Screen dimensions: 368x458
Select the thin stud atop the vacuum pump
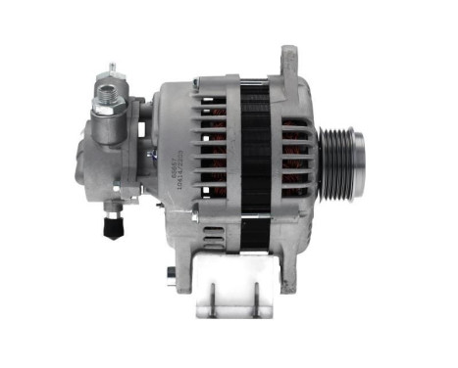click(112, 69)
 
